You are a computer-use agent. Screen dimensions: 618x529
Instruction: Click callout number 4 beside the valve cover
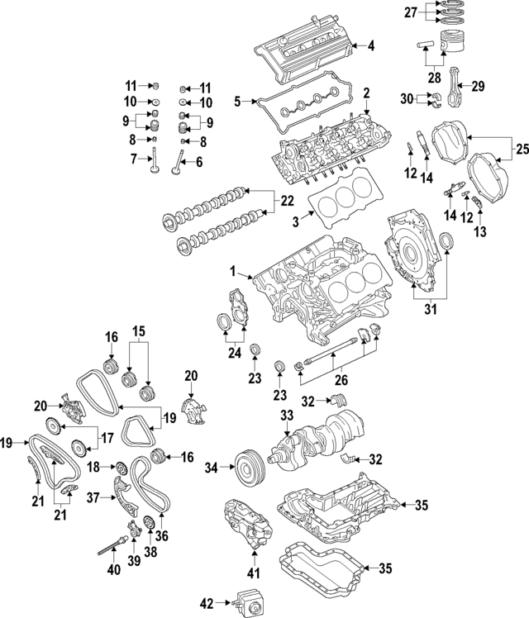(371, 46)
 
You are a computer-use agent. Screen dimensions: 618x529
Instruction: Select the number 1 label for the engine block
(234, 271)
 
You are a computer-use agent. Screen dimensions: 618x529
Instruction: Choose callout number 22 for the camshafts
(287, 200)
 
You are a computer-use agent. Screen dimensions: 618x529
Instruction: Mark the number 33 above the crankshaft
(286, 415)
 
